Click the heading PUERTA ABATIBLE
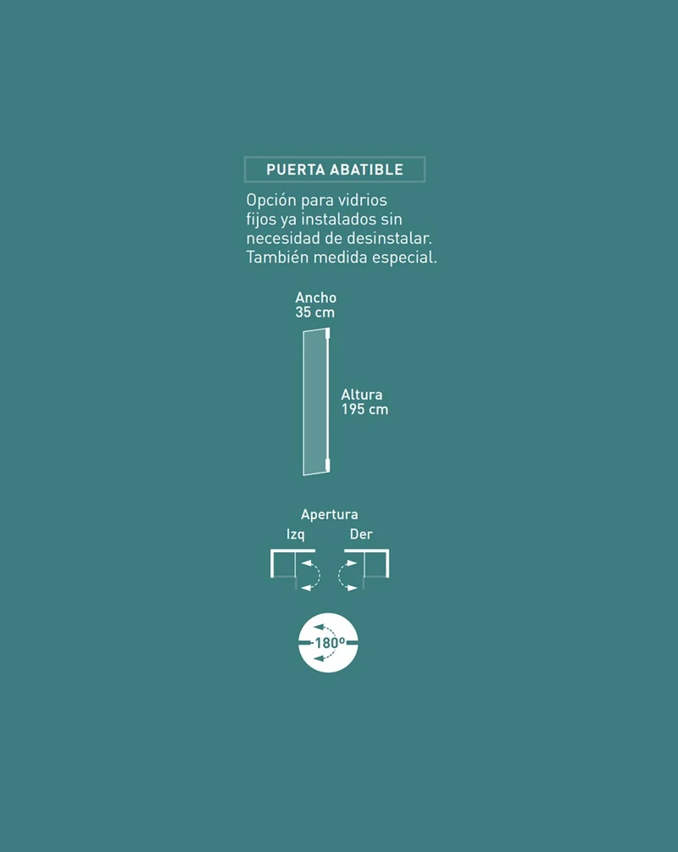pos(335,169)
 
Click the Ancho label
pos(316,298)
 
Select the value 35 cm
pos(314,313)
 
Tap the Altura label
pos(362,395)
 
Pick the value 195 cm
pos(364,409)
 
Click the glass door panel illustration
pos(315,402)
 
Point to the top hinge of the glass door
pos(327,333)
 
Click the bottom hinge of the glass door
pos(327,465)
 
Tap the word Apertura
pos(330,515)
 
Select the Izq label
pos(296,534)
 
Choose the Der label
pos(361,534)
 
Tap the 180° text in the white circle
pos(330,643)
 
